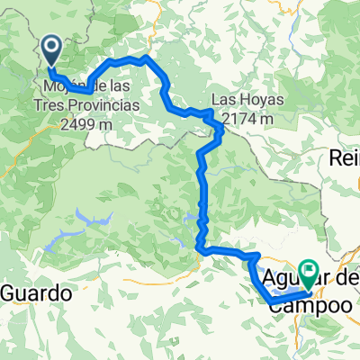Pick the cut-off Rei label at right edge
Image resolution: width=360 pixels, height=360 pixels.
click(345, 157)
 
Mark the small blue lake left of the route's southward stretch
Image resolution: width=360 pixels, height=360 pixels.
click(192, 216)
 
